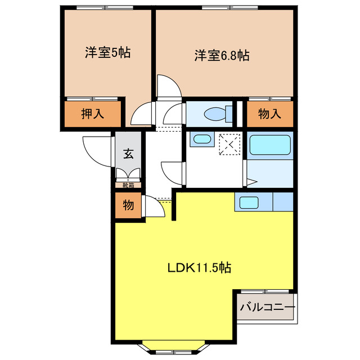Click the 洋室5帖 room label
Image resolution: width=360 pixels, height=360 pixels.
click(108, 53)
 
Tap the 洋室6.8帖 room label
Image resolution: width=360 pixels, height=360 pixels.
click(222, 56)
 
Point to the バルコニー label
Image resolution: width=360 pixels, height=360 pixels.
click(267, 308)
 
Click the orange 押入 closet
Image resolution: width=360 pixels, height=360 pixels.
click(93, 114)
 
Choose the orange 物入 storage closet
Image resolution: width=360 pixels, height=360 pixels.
click(269, 114)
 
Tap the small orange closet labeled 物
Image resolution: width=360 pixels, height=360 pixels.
click(129, 205)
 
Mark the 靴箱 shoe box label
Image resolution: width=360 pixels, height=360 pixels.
click(129, 184)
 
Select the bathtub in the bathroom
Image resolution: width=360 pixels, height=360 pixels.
click(270, 146)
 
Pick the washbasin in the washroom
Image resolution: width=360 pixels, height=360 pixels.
click(200, 139)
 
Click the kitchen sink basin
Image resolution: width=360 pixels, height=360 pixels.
click(247, 201)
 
